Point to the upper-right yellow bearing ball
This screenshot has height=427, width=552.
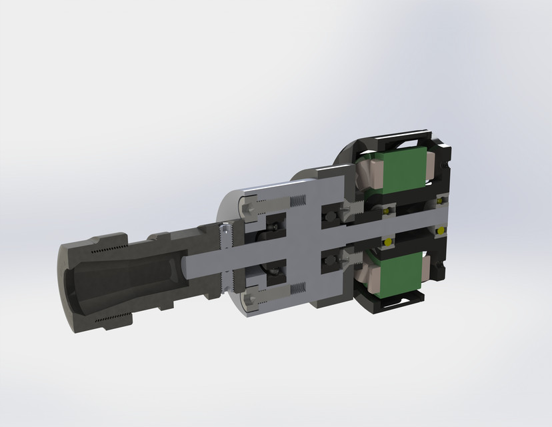440,200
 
